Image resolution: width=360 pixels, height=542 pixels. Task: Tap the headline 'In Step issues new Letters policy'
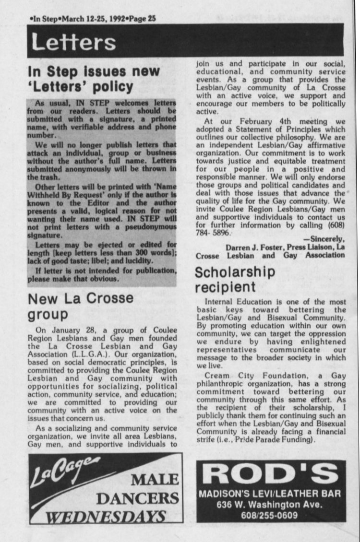tap(94, 79)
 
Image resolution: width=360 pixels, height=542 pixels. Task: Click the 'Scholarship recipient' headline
tap(235, 280)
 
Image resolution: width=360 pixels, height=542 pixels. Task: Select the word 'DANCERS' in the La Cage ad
tap(137, 499)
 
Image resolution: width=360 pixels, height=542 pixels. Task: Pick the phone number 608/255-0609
tap(270, 516)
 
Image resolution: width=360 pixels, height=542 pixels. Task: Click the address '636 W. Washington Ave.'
tap(270, 505)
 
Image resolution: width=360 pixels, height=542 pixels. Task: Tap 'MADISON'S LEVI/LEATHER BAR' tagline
tap(270, 494)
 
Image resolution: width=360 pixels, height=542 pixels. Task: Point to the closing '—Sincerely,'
tap(324, 239)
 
